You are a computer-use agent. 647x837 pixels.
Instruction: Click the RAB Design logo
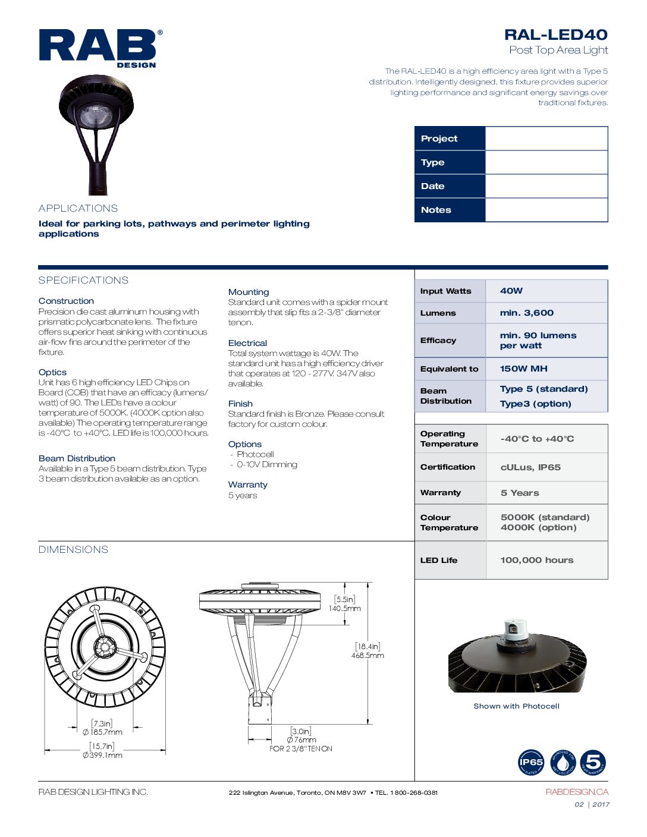click(100, 48)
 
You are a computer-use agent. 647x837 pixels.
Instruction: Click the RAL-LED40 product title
click(555, 35)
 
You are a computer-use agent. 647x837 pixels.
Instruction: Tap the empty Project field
click(546, 139)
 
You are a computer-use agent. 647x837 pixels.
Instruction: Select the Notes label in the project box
click(436, 210)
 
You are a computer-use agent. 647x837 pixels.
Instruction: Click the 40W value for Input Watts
click(511, 291)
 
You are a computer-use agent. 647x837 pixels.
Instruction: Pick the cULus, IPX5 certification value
click(530, 467)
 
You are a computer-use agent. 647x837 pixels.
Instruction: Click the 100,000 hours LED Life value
click(536, 560)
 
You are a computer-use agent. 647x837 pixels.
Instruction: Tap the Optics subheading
click(52, 372)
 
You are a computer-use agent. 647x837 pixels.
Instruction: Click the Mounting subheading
click(249, 292)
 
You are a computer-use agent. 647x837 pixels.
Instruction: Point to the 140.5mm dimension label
click(345, 608)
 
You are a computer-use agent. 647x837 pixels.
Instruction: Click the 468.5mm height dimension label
click(368, 655)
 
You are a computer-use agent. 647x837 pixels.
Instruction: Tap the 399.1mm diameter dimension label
click(103, 755)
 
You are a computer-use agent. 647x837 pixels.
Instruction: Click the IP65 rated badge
click(531, 763)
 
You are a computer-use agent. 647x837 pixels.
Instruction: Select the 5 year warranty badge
click(593, 763)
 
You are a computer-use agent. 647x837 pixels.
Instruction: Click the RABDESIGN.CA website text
click(577, 792)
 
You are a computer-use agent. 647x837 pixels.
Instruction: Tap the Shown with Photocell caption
click(516, 706)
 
